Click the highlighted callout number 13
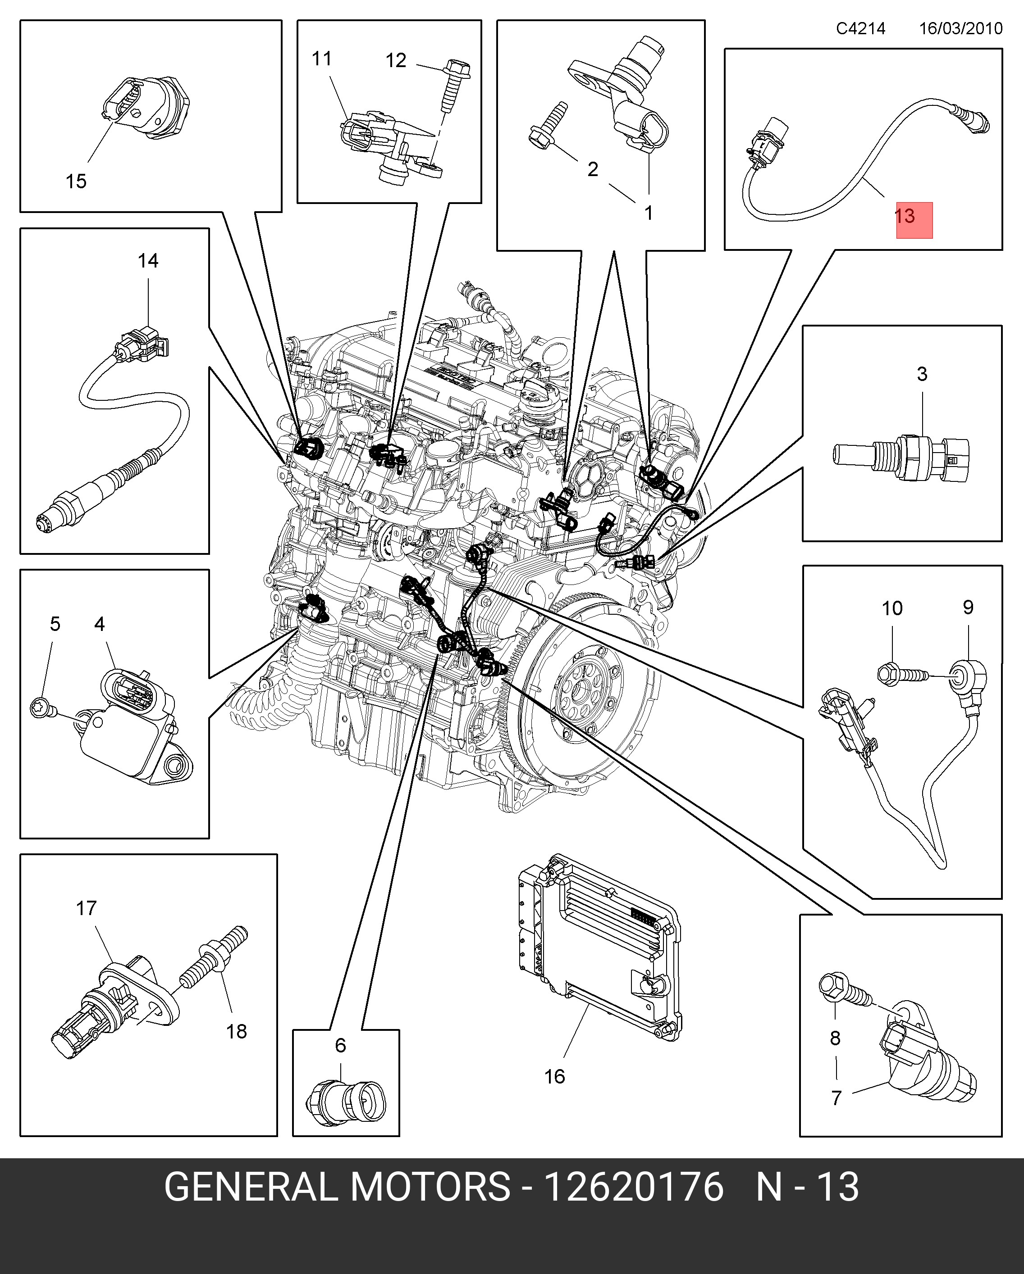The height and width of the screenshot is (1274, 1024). (x=905, y=216)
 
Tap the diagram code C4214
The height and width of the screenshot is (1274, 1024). (x=860, y=28)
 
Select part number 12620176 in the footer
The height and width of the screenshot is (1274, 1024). (x=633, y=1187)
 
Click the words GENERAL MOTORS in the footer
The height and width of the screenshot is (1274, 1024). (x=337, y=1187)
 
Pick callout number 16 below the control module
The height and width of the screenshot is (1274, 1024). (x=554, y=1077)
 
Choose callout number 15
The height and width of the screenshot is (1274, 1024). (x=76, y=181)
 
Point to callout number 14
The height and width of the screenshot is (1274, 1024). (x=148, y=261)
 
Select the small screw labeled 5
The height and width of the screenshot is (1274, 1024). (x=42, y=706)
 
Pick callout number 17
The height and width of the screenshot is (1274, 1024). (x=87, y=908)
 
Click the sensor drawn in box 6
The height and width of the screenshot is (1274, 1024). (x=346, y=1102)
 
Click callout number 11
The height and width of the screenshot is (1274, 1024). (x=322, y=59)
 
